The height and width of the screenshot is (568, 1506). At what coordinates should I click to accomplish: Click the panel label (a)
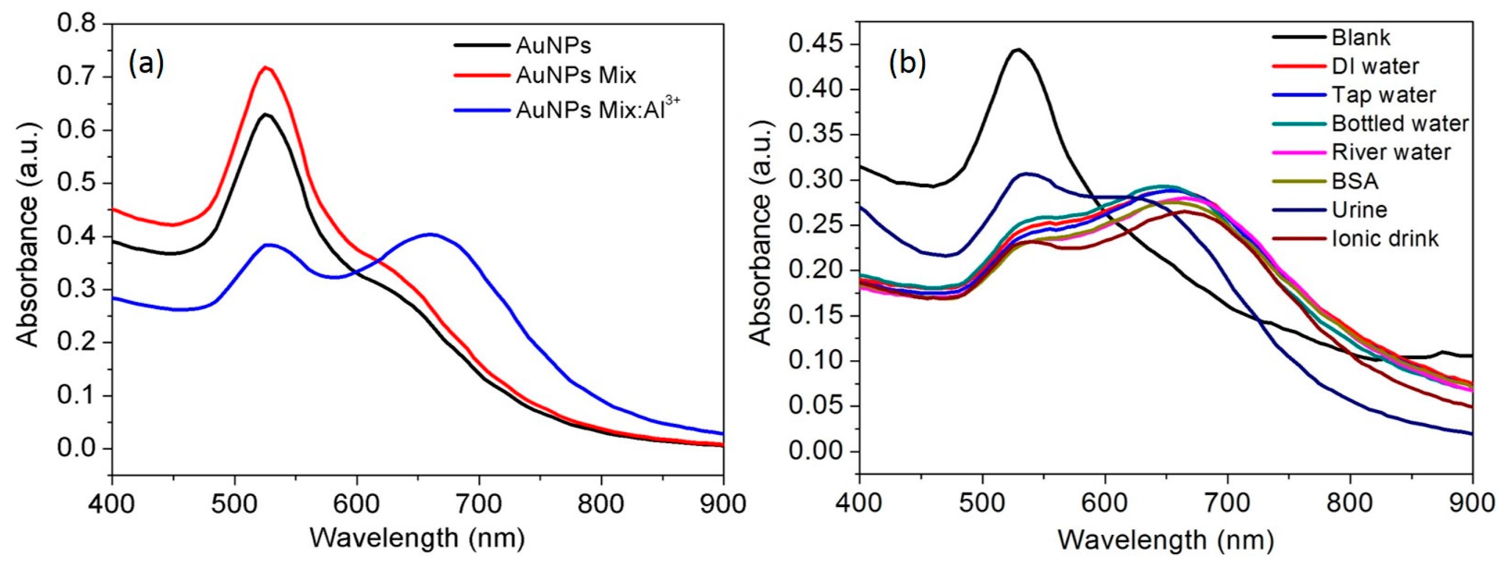coord(146,64)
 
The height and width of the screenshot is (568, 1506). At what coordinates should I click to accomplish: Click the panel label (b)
coord(907,64)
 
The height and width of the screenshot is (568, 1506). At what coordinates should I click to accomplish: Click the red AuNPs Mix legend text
coord(576,75)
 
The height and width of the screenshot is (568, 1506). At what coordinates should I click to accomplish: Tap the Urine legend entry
coord(1359,210)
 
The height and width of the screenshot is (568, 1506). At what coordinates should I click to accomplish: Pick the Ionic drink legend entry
coord(1385,238)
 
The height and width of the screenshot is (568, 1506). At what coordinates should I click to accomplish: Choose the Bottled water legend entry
coord(1400,124)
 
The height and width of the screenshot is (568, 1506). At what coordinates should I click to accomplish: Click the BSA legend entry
coord(1355,181)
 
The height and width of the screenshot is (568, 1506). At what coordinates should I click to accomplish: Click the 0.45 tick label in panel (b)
coord(817,45)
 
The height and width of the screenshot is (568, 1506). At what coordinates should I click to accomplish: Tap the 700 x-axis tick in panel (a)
coord(480,504)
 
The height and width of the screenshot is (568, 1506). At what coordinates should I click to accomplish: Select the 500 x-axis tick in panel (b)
coord(982,504)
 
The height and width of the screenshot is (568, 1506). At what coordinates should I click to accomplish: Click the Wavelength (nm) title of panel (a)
coord(417,538)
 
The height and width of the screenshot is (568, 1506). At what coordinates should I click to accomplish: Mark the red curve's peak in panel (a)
coord(266,67)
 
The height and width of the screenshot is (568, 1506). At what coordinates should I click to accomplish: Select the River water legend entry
coord(1391,152)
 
